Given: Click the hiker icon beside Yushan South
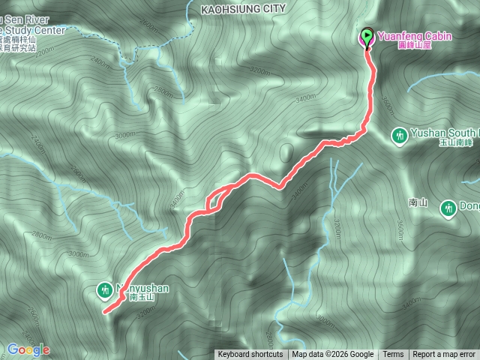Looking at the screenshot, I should click(400, 135).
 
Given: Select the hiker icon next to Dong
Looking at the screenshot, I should click(448, 208).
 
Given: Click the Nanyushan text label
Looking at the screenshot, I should click(142, 287).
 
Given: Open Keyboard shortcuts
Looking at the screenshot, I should click(250, 355).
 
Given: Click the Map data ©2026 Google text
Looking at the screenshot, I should click(333, 355).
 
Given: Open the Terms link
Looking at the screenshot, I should click(393, 355).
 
